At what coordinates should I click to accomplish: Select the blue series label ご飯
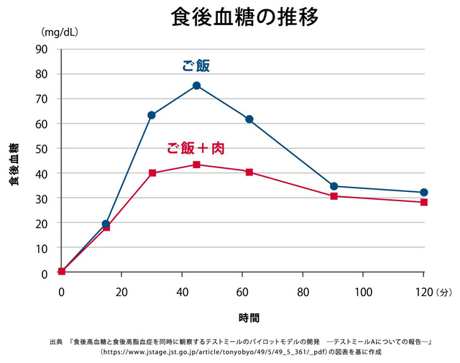(x=195, y=65)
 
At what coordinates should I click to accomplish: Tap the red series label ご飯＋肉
(x=196, y=148)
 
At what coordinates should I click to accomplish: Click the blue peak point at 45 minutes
(x=196, y=86)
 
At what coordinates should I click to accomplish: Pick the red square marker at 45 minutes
(x=196, y=165)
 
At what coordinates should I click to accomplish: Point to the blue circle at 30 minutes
(x=152, y=115)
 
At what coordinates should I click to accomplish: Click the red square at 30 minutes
(x=152, y=173)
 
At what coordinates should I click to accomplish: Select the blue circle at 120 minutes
(x=423, y=193)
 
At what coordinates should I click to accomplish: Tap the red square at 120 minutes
(x=423, y=202)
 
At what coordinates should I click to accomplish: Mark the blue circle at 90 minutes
(x=333, y=186)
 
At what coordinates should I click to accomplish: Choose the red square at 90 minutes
(x=333, y=196)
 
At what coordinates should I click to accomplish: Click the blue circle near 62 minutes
(x=249, y=119)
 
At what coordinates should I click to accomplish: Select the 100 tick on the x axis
(x=363, y=292)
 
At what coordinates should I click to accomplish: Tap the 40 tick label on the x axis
(x=182, y=292)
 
